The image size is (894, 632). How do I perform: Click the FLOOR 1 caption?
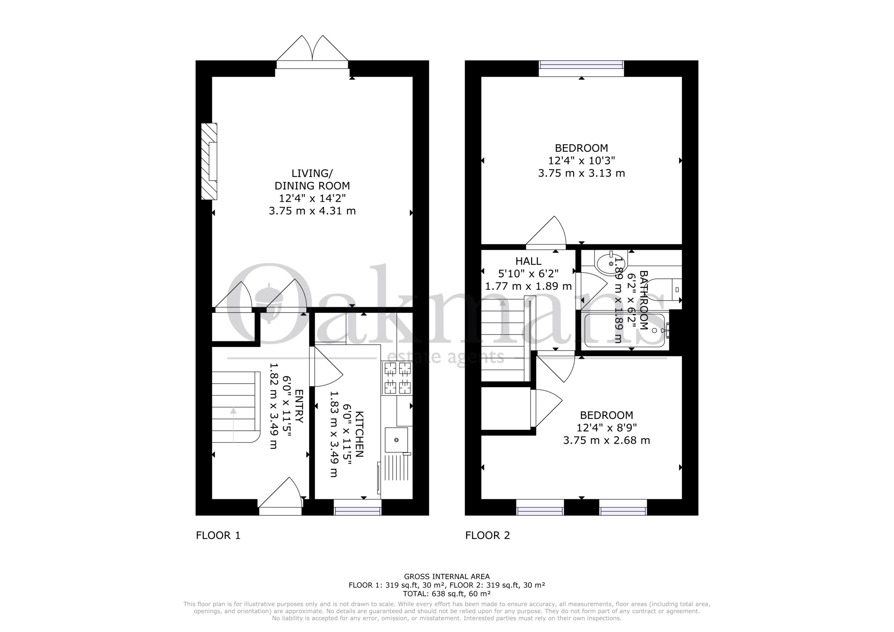click(218, 535)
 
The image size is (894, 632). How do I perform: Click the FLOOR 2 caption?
click(488, 535)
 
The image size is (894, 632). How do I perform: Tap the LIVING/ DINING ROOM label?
click(312, 179)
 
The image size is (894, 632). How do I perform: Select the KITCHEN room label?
click(359, 434)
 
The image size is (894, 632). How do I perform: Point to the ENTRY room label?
click(299, 406)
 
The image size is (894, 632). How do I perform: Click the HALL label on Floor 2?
click(528, 261)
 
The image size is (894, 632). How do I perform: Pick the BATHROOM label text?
click(643, 300)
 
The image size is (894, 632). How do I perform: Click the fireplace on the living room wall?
click(209, 162)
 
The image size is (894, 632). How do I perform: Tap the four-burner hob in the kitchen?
click(397, 378)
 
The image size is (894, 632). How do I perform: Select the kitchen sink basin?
click(396, 440)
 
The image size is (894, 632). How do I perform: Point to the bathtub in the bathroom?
click(624, 330)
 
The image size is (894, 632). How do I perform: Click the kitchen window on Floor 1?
click(358, 507)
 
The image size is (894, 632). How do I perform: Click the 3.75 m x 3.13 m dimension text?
click(581, 173)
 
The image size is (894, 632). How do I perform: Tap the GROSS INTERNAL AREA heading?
click(447, 577)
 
